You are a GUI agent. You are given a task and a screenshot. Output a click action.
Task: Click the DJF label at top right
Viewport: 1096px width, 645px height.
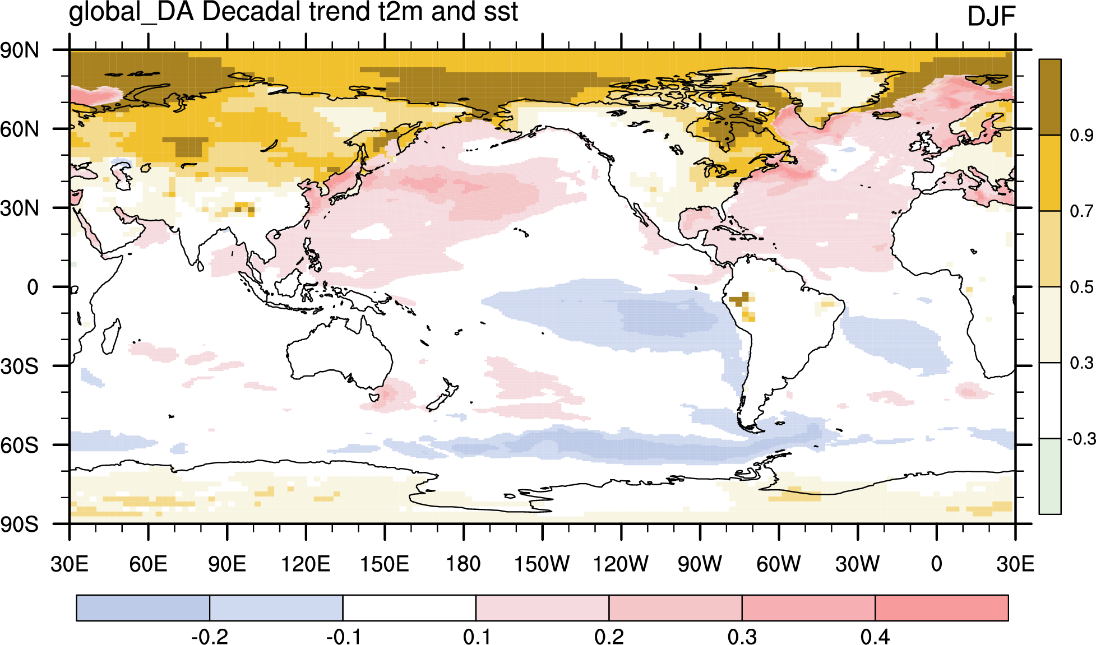(x=991, y=16)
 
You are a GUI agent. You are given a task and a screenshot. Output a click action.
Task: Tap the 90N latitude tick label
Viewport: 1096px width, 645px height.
(x=20, y=50)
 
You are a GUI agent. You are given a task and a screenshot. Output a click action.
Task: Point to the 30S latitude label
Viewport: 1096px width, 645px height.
(x=20, y=366)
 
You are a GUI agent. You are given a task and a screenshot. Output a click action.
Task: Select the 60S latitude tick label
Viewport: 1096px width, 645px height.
(x=20, y=446)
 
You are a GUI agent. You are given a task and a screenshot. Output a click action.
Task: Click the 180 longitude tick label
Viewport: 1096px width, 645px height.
(x=463, y=564)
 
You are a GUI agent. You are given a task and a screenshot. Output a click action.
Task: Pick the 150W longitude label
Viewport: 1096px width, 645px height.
(x=542, y=564)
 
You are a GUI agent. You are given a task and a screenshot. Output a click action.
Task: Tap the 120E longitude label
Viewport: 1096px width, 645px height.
(x=306, y=564)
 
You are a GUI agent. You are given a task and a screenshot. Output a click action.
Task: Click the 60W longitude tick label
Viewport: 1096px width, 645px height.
(x=779, y=564)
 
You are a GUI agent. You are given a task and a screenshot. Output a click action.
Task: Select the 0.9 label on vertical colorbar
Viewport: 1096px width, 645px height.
(x=1081, y=135)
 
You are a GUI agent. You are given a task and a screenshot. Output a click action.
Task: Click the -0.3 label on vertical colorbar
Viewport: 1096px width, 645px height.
(x=1080, y=438)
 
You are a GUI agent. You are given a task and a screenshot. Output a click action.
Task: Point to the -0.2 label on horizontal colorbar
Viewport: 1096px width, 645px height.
(x=210, y=637)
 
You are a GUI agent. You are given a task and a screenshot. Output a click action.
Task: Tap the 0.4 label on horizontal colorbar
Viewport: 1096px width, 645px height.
(x=875, y=637)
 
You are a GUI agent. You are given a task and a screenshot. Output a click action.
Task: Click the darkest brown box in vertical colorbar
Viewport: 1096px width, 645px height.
(x=1050, y=97)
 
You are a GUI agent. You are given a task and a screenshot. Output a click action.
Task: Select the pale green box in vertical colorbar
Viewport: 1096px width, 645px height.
(x=1050, y=476)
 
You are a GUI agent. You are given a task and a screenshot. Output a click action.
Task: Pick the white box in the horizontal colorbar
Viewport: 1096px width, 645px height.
(x=409, y=608)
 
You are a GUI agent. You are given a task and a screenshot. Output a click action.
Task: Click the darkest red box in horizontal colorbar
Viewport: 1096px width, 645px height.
(x=942, y=608)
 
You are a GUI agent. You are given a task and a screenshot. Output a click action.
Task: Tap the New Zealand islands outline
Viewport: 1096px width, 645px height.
(x=443, y=397)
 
